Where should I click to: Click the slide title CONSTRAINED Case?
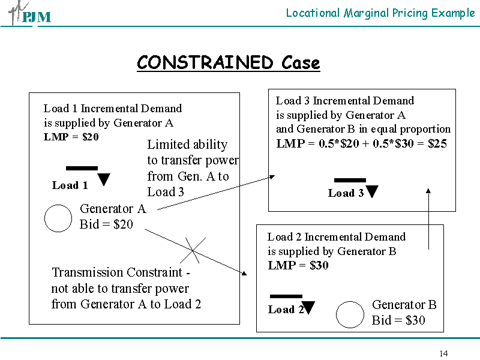(228, 62)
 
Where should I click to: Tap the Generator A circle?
(58, 218)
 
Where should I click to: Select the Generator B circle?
(350, 314)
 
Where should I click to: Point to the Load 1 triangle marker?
(104, 179)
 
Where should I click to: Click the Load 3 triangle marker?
(372, 192)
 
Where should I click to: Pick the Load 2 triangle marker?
(308, 308)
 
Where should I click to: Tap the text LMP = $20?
(71, 137)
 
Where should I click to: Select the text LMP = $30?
(298, 265)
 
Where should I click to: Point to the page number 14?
(443, 353)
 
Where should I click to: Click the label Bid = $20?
(106, 224)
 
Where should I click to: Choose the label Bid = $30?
(398, 320)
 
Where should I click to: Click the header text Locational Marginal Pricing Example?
(380, 13)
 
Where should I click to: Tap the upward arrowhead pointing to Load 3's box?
(428, 191)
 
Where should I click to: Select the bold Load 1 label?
(70, 185)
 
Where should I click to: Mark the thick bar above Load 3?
(350, 180)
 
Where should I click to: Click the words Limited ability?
(187, 145)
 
